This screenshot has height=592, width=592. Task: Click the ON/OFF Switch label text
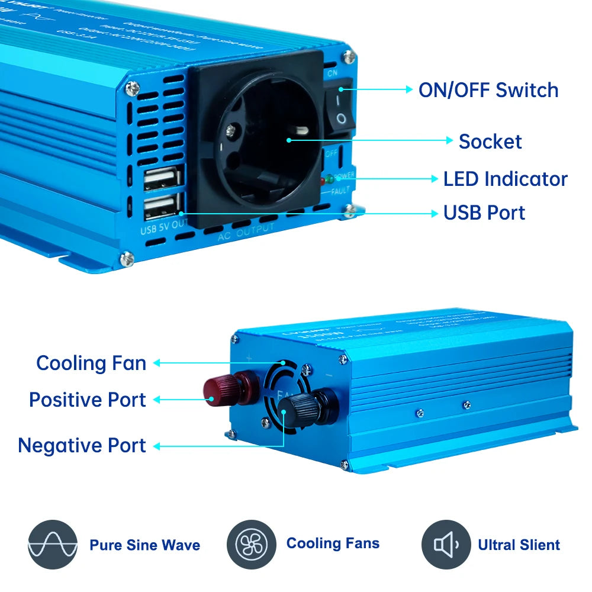[488, 90]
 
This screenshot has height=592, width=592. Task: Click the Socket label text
[490, 141]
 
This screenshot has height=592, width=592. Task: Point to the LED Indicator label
[505, 179]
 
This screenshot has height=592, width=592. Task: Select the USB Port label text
[484, 213]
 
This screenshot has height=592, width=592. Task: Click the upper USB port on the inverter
[162, 178]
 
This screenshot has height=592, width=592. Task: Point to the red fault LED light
[323, 181]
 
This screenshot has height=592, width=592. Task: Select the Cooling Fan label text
[91, 363]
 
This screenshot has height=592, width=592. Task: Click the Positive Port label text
[87, 400]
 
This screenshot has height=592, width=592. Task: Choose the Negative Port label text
[82, 445]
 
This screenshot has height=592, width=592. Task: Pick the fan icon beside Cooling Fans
[251, 545]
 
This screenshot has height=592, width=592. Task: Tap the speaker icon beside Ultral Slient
[446, 545]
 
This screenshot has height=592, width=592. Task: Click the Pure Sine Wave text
[144, 545]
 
